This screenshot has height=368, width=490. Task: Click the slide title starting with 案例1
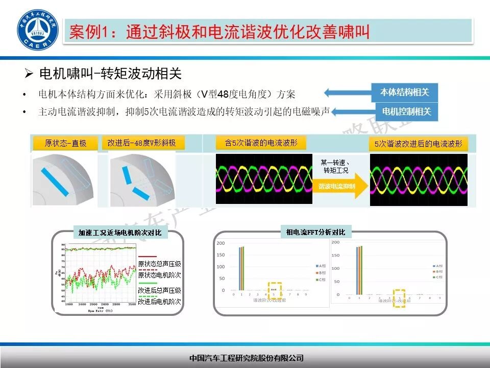click(219, 32)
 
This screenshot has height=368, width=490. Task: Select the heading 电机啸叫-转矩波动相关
click(110, 74)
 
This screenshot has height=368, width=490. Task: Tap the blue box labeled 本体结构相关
click(404, 93)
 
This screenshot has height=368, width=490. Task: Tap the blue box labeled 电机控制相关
click(406, 111)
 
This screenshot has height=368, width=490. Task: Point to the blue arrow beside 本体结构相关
click(347, 93)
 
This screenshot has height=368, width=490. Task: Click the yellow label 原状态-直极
click(66, 143)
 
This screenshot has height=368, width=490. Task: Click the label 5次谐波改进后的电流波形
click(418, 144)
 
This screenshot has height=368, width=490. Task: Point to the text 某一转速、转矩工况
click(336, 166)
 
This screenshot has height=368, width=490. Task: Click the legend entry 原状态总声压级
click(159, 264)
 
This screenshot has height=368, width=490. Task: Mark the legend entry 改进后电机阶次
click(159, 302)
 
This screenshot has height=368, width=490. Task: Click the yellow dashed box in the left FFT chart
click(275, 290)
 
